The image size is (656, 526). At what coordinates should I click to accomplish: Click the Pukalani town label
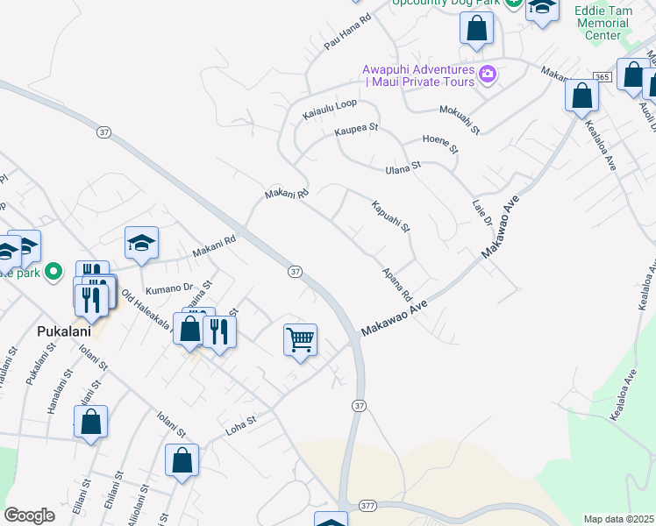(x=60, y=332)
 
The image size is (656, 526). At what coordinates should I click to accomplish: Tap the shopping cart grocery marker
(x=300, y=339)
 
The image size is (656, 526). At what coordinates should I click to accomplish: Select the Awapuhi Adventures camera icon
(x=488, y=75)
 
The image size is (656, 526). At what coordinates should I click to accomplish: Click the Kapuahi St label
(x=391, y=217)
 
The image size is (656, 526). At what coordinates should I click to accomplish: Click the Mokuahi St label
(x=460, y=120)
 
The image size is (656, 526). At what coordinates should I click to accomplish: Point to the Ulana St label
(x=404, y=167)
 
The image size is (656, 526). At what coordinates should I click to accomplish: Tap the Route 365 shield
(x=602, y=78)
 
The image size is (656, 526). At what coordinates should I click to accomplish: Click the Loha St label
(x=239, y=423)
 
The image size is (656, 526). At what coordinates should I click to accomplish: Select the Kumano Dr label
(x=169, y=288)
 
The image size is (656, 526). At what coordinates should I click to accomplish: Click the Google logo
(x=29, y=515)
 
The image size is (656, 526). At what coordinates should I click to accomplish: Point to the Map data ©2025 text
(x=619, y=519)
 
